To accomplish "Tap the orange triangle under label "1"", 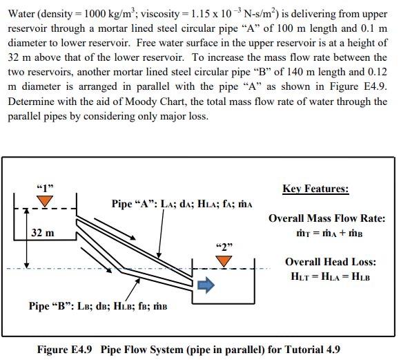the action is pos(46,200).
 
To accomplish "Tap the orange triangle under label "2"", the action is pos(223,260).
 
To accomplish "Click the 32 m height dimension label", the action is pos(43,232).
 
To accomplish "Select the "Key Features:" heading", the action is pos(315,189).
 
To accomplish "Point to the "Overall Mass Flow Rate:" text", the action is pos(326,218).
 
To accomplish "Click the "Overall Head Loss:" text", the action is pos(331,262).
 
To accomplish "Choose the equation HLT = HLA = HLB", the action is pos(331,276).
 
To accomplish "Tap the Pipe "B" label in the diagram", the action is pos(99,305).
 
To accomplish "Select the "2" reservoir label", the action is pos(224,246).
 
